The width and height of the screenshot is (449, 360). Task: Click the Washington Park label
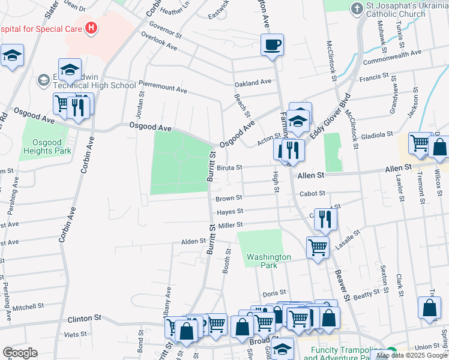click(x=269, y=260)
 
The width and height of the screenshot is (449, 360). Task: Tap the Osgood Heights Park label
click(x=47, y=146)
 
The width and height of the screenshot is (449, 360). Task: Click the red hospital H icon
click(x=91, y=27)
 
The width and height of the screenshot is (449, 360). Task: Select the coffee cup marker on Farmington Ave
click(x=272, y=44)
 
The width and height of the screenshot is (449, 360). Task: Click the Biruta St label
click(x=229, y=167)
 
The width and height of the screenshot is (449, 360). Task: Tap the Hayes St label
click(x=231, y=211)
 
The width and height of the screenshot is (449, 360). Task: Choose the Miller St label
click(x=230, y=225)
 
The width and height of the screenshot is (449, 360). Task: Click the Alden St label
click(x=194, y=241)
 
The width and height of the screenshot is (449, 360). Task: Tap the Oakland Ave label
click(x=253, y=83)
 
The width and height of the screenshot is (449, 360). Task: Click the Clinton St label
click(x=83, y=318)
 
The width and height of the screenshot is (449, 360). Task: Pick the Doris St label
click(x=270, y=294)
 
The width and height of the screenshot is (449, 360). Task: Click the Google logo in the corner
click(x=19, y=352)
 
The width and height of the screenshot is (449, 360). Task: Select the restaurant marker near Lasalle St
click(x=325, y=219)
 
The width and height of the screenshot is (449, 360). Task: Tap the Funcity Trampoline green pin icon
click(x=391, y=352)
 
